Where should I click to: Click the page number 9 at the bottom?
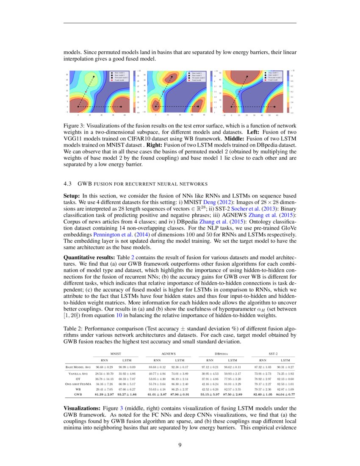(180, 445)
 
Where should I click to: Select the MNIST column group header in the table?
(116, 352)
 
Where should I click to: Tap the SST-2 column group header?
(273, 352)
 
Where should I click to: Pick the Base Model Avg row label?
(78, 367)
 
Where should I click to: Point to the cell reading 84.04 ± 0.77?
(285, 394)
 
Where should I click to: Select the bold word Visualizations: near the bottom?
(82, 407)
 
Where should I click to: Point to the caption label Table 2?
(74, 328)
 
